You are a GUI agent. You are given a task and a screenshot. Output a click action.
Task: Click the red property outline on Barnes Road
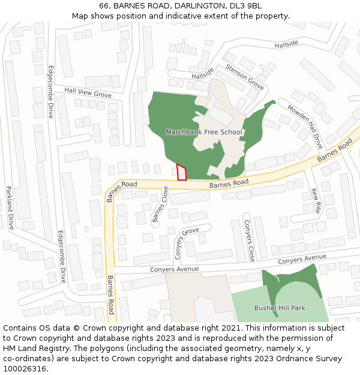coord(182,172)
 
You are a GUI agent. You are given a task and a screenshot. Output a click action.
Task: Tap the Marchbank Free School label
coord(203,132)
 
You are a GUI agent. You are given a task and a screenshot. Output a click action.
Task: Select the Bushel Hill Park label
coord(280,308)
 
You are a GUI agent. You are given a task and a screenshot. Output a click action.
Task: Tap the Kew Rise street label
coord(316,202)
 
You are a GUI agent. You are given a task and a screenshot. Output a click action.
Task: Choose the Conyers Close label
coord(249,241)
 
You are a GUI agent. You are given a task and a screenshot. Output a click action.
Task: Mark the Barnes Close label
coord(160,204)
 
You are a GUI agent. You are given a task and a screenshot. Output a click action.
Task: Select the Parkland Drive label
coord(10,208)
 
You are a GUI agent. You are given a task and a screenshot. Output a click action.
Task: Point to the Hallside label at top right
coord(286,44)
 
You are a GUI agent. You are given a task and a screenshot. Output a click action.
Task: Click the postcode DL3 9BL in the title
coord(246,5)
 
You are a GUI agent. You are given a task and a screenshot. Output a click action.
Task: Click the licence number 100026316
coord(26,369)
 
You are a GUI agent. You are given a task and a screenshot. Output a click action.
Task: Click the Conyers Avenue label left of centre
coord(175,269)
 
